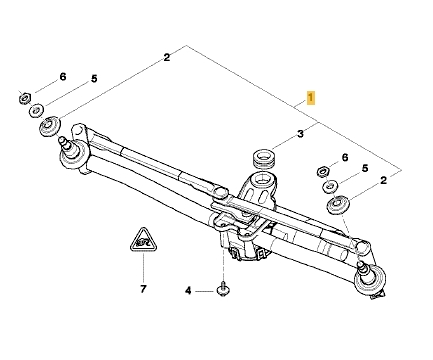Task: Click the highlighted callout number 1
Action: pos(310,98)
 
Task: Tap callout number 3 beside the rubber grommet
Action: pos(300,134)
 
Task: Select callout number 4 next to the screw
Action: pos(188,291)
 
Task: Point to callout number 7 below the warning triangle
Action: pos(143,289)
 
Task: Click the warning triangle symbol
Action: pos(143,240)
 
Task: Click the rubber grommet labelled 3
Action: pos(263,158)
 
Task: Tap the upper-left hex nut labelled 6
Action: pos(24,98)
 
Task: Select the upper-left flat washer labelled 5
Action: pos(37,110)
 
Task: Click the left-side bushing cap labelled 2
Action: pos(50,126)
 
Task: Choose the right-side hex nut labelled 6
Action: pos(322,172)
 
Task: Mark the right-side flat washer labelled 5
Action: pos(330,186)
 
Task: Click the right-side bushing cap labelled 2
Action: pos(338,206)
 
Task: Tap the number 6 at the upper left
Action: pos(63,77)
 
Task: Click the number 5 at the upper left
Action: pos(94,79)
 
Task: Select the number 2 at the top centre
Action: pos(167,57)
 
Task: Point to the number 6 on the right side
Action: pos(345,157)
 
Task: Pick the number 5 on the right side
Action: pos(365,168)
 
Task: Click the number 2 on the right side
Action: pos(384,180)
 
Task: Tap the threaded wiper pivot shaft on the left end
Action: pos(66,145)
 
